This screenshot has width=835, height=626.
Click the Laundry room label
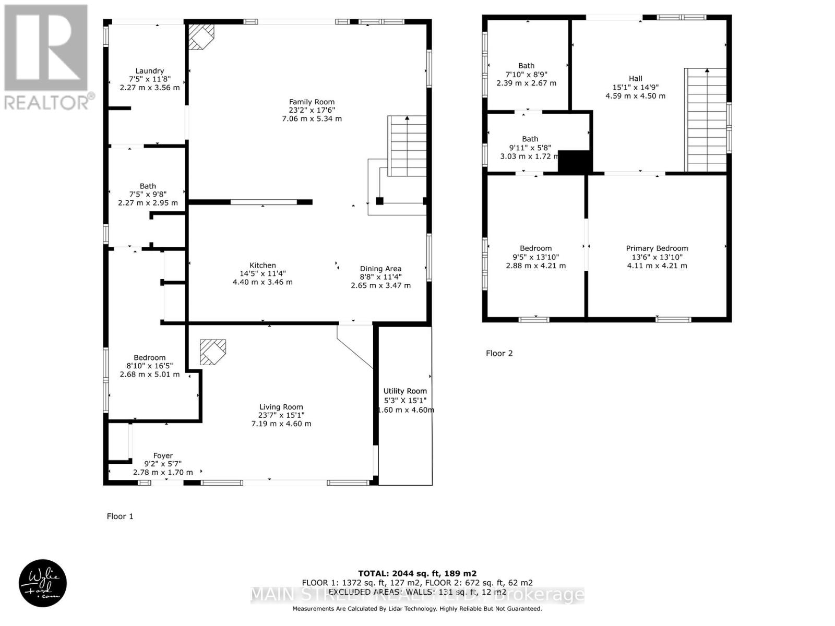coord(150,71)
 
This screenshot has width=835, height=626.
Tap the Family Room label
coord(312,102)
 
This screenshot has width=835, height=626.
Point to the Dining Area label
coord(380,269)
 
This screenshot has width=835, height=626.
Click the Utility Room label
coord(405,391)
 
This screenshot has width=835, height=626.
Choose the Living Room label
coord(281,407)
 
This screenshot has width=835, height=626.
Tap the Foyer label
coord(163,455)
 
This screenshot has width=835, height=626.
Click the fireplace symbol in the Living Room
coord(213,352)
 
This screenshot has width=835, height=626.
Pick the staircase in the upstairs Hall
coord(706,120)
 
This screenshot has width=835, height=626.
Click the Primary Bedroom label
coord(657,248)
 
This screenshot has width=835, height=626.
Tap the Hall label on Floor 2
coord(635,78)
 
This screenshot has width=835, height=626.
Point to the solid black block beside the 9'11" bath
coord(574,161)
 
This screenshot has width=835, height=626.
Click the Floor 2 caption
coord(499,353)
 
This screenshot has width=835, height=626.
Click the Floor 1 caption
coord(120,516)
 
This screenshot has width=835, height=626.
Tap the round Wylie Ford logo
coord(43,583)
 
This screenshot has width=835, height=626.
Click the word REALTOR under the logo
coord(47,102)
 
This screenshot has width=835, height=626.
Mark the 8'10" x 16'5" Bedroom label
coord(150,358)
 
